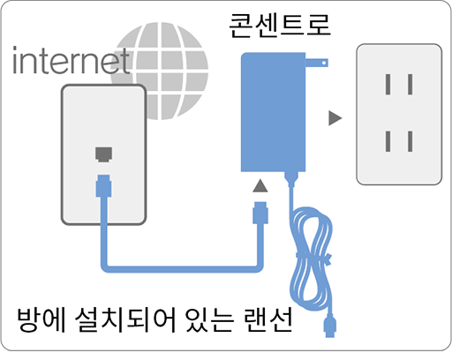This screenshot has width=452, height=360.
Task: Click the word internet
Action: [x=71, y=60]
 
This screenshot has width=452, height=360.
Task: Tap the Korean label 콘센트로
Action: [x=280, y=25]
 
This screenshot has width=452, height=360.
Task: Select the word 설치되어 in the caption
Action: [x=125, y=319]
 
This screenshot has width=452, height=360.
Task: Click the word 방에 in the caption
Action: [x=41, y=319]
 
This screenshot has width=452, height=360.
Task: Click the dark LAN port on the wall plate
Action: [x=103, y=154]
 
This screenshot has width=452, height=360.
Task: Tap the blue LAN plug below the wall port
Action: [x=103, y=186]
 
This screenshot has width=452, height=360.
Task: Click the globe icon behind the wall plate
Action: [x=160, y=71]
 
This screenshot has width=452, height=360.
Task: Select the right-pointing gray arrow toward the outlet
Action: [x=335, y=118]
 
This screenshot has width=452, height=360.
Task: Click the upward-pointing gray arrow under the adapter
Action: [x=260, y=186]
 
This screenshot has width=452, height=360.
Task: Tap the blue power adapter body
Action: [x=273, y=112]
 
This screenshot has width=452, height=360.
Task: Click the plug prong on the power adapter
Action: [x=317, y=63]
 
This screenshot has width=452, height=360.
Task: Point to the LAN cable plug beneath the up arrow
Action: [x=260, y=213]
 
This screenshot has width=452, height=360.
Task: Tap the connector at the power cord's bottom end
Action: [x=330, y=326]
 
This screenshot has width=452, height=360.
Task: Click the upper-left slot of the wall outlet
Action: [x=388, y=85]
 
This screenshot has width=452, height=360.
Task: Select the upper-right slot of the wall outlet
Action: [x=410, y=85]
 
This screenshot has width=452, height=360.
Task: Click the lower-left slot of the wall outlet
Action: [x=388, y=141]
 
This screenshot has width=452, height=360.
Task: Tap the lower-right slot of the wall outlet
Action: [x=410, y=141]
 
